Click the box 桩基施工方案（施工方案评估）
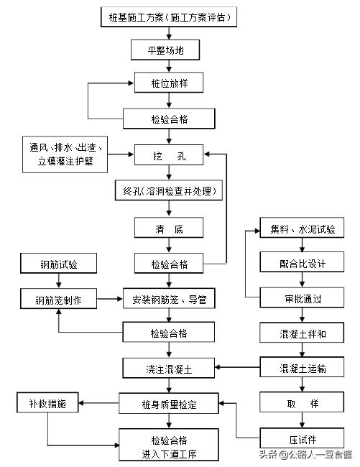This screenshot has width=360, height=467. pos(169,15)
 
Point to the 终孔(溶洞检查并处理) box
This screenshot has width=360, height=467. pos(169,190)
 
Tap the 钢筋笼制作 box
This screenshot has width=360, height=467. pos(58,300)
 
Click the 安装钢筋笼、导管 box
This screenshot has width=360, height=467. pos(169,300)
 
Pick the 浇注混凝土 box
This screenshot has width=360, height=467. pos(169,369)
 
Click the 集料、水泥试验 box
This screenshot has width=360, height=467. pos(303,230)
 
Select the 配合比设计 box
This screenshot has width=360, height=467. pos(303,264)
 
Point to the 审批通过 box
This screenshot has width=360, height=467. pos(303,298)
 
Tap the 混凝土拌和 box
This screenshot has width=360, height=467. pos(303,333)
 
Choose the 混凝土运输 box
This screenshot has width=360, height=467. pos(303,369)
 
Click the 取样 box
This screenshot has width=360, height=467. pos(303,404)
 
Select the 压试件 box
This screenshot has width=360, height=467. pos(303,438)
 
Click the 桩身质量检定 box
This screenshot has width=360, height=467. pos(169,404)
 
